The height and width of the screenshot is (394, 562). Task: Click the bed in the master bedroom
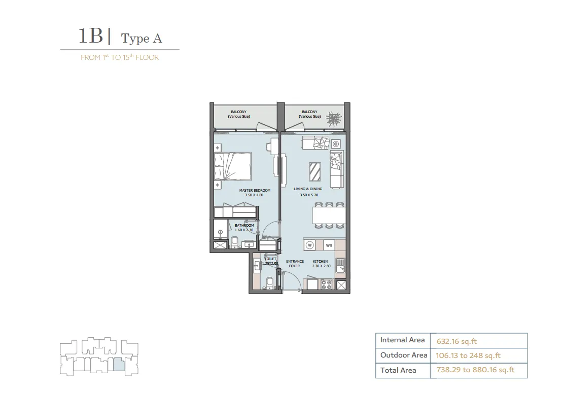(x=233, y=166)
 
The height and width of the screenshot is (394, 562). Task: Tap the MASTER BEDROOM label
(x=255, y=190)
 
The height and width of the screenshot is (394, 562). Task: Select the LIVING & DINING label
(x=308, y=189)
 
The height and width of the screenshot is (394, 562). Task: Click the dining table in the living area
(x=329, y=216)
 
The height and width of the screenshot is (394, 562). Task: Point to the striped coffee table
(x=314, y=172)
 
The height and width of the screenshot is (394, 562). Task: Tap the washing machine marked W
(x=310, y=245)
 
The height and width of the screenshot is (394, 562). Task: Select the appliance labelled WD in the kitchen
(x=329, y=245)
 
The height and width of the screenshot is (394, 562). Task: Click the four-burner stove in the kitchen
(x=326, y=284)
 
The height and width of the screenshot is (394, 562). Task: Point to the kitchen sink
(x=340, y=265)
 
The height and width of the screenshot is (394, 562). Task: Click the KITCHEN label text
(x=320, y=262)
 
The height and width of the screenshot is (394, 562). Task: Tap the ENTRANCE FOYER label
(x=295, y=264)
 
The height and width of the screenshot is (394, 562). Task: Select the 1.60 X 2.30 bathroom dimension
(x=244, y=230)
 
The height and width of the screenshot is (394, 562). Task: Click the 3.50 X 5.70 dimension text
(x=309, y=195)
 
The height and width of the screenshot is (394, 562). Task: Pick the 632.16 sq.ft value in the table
(x=456, y=341)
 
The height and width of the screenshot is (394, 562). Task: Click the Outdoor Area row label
(x=404, y=355)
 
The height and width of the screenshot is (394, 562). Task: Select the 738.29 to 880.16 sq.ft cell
(x=475, y=370)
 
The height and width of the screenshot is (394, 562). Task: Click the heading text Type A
(x=142, y=39)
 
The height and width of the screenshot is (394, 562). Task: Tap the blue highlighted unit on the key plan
(x=119, y=364)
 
